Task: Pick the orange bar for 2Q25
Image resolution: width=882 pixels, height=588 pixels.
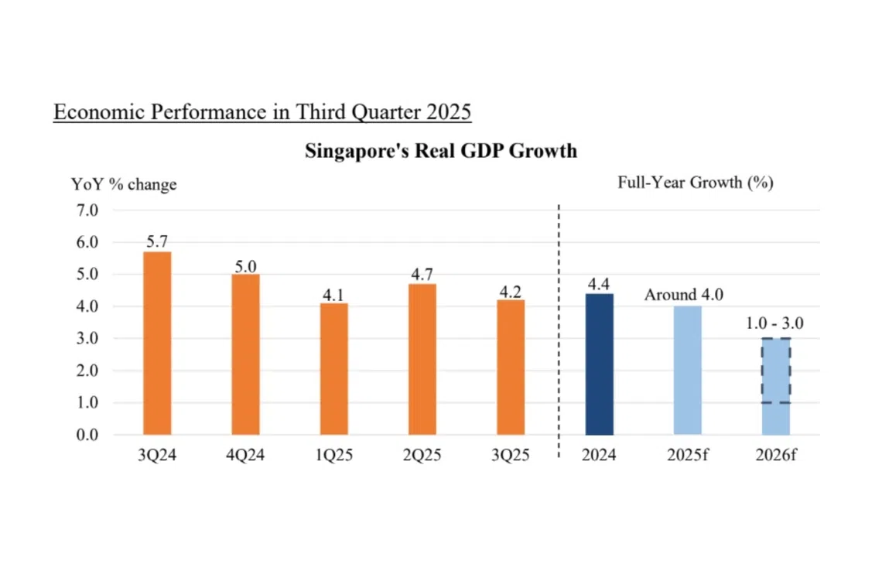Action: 422,359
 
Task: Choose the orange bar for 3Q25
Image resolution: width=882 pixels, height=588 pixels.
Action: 511,367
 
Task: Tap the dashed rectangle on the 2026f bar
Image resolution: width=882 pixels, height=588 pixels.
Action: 776,371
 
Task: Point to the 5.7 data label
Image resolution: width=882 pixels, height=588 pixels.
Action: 157,242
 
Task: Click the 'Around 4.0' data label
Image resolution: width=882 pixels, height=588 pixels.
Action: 684,296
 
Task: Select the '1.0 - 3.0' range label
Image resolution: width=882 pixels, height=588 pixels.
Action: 774,323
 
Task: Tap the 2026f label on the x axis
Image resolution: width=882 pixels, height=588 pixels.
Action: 776,455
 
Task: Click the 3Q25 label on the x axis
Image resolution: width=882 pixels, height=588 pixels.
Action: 511,455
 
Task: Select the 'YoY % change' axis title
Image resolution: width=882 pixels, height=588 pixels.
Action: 124,184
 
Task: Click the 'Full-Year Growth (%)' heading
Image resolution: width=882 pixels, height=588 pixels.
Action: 696,183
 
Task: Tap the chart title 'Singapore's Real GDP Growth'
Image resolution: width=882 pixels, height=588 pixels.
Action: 441,150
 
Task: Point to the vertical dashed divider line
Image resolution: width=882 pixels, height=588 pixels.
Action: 559,325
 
